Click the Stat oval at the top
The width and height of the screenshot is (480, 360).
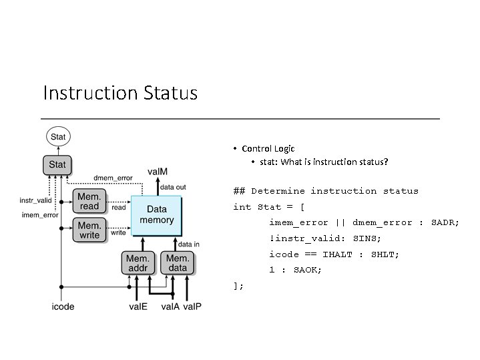(x=58, y=137)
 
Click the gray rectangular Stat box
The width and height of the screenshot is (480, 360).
(x=58, y=164)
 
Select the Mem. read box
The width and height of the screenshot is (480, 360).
(x=89, y=201)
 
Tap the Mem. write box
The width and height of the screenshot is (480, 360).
(x=89, y=230)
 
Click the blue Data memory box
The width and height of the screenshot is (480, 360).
(x=157, y=215)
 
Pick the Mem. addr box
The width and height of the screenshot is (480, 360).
(x=138, y=263)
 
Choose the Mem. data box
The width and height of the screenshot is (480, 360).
(x=178, y=263)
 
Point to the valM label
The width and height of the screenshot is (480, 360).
(x=158, y=172)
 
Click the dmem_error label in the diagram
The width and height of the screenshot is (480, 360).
(x=113, y=178)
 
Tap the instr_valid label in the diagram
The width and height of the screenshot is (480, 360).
(x=35, y=200)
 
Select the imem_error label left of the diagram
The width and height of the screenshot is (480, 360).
(x=39, y=214)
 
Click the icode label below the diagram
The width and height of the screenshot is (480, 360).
(x=63, y=307)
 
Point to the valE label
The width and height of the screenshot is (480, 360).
(x=139, y=307)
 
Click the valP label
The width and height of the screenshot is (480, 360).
(x=192, y=307)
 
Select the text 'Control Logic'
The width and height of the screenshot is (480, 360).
(x=268, y=148)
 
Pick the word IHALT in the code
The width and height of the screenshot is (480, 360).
(x=338, y=254)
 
